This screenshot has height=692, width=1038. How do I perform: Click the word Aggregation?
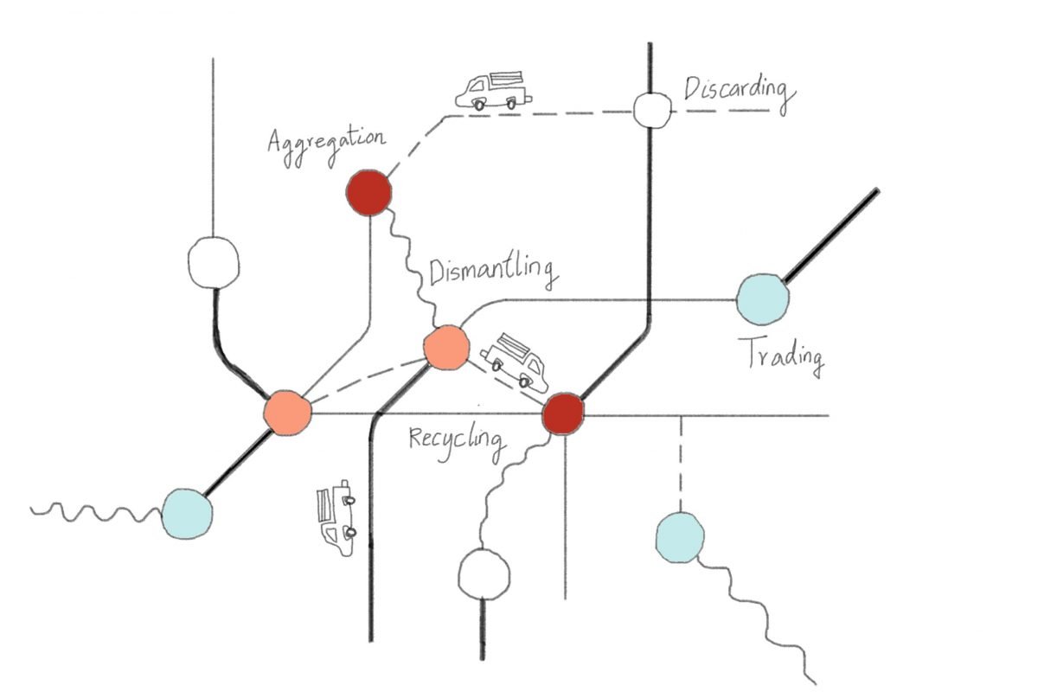click(x=324, y=143)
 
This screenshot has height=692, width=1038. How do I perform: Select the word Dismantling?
click(x=490, y=272)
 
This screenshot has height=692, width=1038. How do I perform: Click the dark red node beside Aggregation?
click(x=368, y=191)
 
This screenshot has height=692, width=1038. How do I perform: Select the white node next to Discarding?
click(x=653, y=110)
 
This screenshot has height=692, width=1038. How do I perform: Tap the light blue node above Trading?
click(x=763, y=299)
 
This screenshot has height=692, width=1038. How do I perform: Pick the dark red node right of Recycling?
click(x=564, y=414)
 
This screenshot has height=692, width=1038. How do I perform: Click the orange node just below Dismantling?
click(x=446, y=348)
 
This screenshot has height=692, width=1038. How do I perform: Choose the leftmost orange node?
click(x=287, y=413)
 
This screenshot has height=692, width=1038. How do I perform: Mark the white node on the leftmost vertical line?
click(x=213, y=261)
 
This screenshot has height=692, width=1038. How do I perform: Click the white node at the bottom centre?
click(x=484, y=573)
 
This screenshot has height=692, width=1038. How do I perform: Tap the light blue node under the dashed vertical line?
click(x=680, y=536)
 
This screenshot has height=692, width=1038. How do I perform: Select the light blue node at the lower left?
click(x=187, y=513)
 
